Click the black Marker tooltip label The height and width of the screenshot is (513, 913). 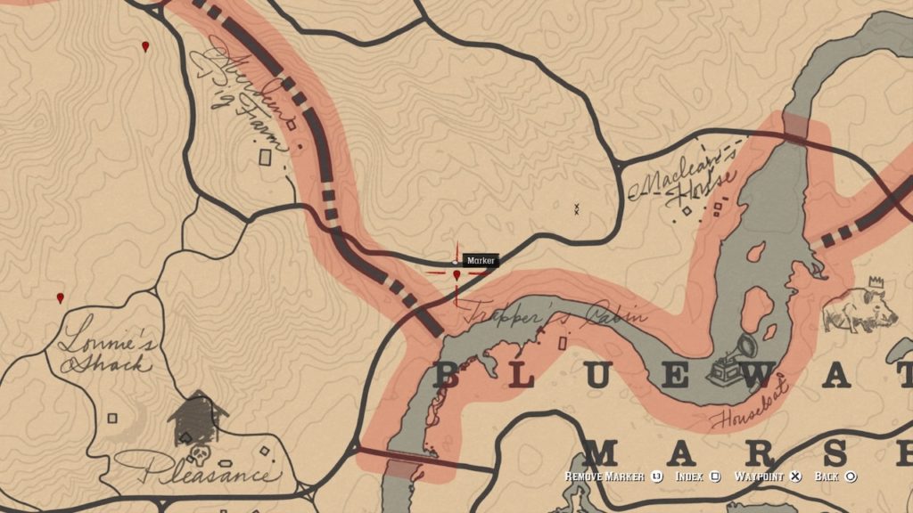tap(481, 260)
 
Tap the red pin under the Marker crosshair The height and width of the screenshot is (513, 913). tap(457, 276)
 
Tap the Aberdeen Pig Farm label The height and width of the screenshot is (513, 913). tap(241, 89)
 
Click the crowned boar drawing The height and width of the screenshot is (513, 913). tap(860, 307)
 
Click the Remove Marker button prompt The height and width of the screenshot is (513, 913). tap(612, 477)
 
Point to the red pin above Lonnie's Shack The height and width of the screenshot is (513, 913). tap(61, 297)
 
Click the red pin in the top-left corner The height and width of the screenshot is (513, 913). tap(145, 45)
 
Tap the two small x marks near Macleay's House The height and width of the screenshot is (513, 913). tap(577, 209)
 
